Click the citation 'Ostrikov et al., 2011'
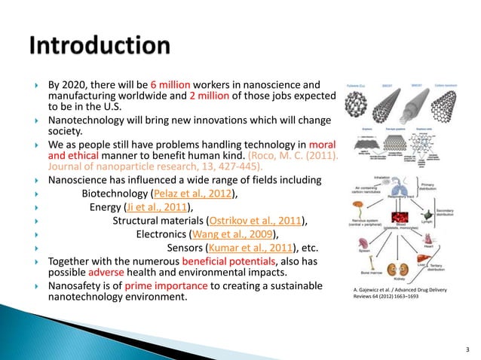(x=256, y=221)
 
